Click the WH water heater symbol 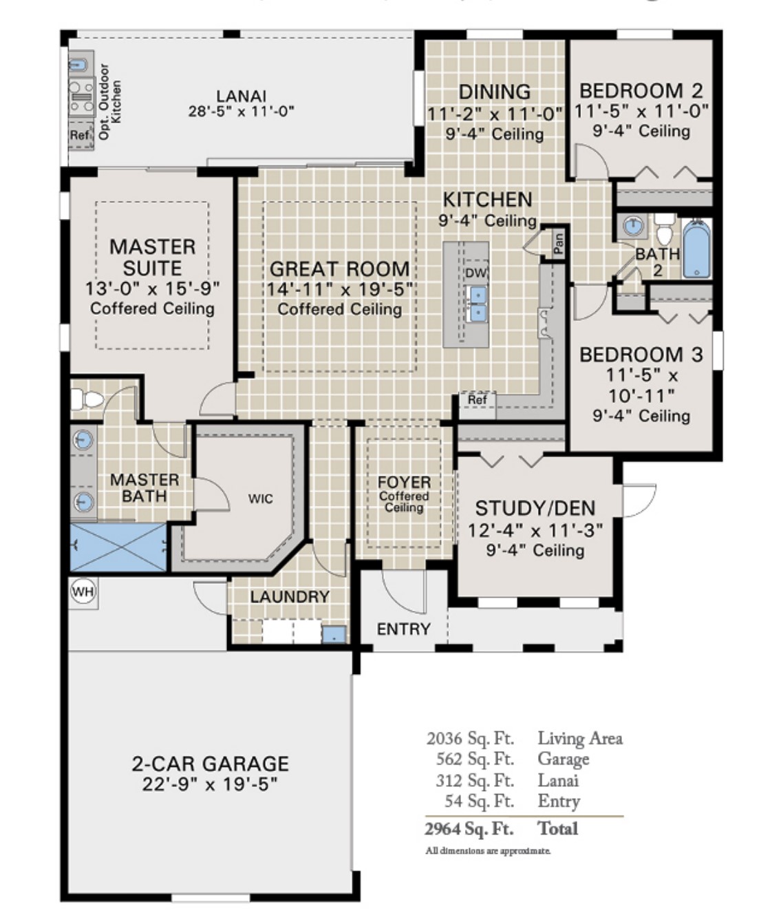coord(83,591)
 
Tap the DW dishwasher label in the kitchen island coord(475,273)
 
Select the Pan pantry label coord(559,242)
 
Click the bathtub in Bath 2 coord(696,249)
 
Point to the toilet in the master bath coord(87,399)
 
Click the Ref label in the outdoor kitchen coord(80,135)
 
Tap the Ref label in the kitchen coord(477,400)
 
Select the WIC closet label coord(260,498)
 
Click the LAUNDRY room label coord(289,596)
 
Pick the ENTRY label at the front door coord(403,629)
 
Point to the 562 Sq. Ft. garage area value coord(475,759)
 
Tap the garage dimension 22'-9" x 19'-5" coord(210,784)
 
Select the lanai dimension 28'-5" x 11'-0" coord(242,112)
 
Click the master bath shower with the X coord(118,547)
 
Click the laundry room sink coord(334,634)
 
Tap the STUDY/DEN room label coord(535,508)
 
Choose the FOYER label coord(404,482)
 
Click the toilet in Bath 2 coord(663,229)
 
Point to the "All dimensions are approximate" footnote coord(487,851)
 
